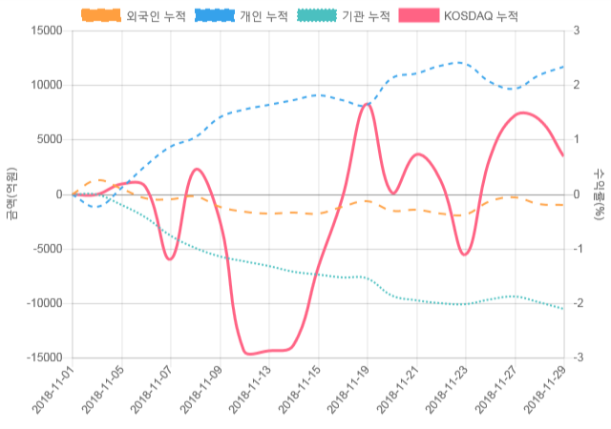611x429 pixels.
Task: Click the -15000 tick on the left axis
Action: click(44, 357)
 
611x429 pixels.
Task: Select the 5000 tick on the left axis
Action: click(49, 139)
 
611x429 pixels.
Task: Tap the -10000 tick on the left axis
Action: click(44, 303)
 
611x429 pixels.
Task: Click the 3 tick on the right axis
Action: click(577, 31)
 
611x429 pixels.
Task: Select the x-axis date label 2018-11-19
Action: click(349, 391)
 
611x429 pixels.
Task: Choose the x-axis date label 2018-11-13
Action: click(251, 391)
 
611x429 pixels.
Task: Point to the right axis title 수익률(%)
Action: click(599, 194)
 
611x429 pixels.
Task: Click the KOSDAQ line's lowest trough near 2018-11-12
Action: click(250, 354)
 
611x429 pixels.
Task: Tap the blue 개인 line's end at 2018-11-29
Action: click(563, 67)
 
